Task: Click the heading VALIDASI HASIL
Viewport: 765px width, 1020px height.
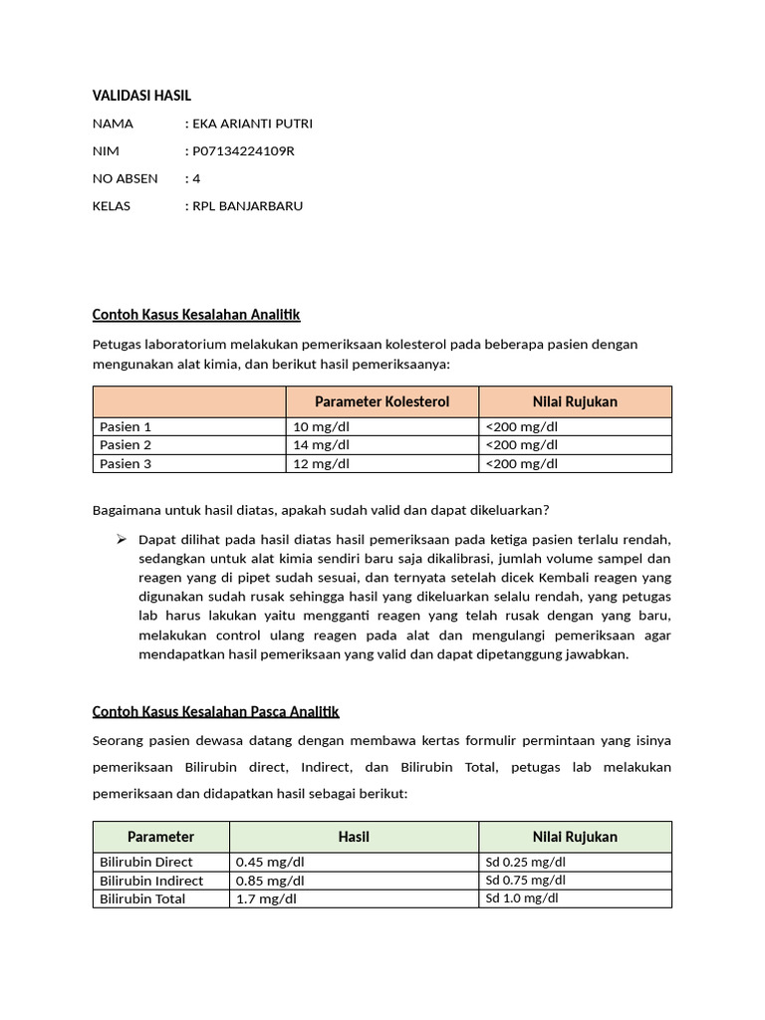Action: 140,96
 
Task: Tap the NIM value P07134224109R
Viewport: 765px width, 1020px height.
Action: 242,151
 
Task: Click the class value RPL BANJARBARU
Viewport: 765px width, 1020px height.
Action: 246,206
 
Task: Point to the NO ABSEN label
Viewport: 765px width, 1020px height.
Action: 125,178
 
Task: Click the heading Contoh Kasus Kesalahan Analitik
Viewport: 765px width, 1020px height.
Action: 196,315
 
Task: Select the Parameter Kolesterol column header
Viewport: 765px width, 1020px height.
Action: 382,401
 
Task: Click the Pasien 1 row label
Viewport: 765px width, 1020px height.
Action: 126,426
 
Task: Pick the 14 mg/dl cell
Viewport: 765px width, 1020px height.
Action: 321,445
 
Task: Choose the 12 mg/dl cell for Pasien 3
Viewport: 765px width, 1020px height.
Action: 321,464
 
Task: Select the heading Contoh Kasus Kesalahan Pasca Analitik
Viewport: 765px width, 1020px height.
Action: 216,711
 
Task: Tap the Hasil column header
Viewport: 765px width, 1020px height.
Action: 354,837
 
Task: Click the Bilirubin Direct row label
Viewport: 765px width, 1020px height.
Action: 146,862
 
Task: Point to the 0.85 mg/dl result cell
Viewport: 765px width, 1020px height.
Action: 270,881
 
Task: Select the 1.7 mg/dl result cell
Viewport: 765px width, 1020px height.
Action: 266,898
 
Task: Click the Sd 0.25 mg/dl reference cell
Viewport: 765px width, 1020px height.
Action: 525,862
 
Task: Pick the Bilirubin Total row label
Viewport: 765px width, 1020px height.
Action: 142,898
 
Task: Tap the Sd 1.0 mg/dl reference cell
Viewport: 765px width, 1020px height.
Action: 522,898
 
